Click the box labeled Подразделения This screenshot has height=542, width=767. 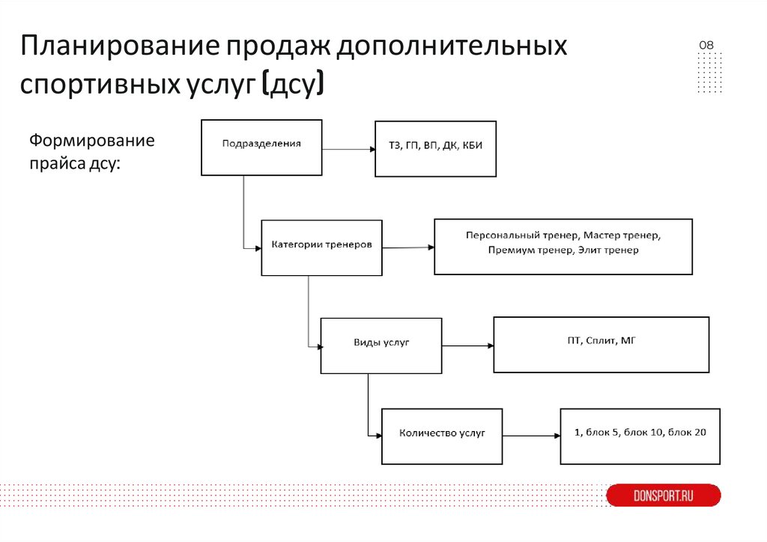(261, 147)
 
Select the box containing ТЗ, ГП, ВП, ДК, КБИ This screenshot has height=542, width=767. (435, 149)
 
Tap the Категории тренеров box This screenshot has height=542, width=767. (321, 247)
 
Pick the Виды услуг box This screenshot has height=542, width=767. (381, 346)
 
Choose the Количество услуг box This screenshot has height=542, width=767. (442, 436)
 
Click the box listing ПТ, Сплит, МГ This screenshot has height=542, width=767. (601, 344)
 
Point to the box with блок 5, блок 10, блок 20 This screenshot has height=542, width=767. (640, 436)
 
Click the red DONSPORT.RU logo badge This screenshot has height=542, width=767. (663, 496)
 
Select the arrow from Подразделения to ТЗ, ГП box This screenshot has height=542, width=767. (348, 148)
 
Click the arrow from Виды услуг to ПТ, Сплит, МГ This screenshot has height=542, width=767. (467, 346)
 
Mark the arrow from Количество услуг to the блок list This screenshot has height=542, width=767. (531, 436)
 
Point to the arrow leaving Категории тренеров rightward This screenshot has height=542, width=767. (407, 247)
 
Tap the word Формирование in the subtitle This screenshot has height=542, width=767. (91, 141)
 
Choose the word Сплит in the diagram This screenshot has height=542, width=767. (601, 341)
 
